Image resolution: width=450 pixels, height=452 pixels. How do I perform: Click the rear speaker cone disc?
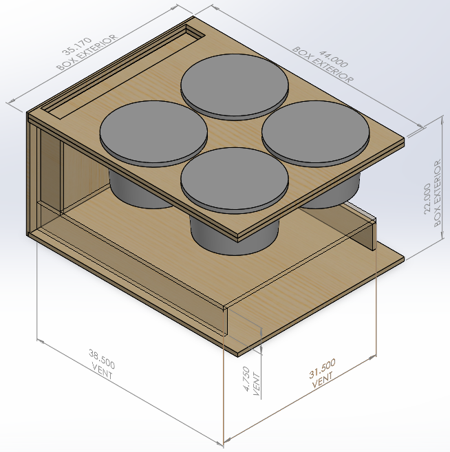tap(235, 83)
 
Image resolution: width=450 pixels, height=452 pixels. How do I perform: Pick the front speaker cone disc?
tap(234, 179)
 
